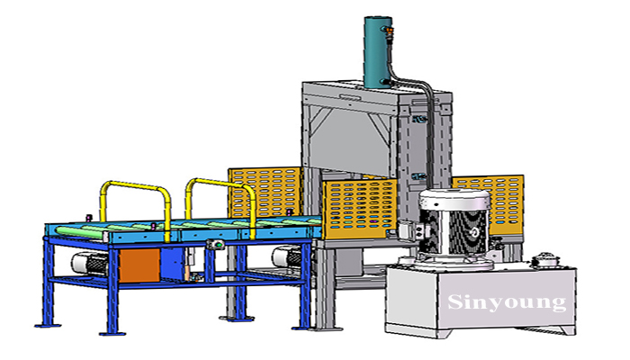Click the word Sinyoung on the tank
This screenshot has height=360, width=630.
pyautogui.click(x=507, y=302)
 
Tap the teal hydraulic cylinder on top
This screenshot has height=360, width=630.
pyautogui.click(x=378, y=52)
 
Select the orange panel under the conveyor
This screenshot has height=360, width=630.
pyautogui.click(x=139, y=265)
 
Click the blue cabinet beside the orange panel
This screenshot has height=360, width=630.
pyautogui.click(x=173, y=264)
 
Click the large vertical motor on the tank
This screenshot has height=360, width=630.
pyautogui.click(x=454, y=227)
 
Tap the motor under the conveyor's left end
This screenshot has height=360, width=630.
pyautogui.click(x=90, y=264)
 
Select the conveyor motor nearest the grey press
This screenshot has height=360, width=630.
pyautogui.click(x=287, y=257)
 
